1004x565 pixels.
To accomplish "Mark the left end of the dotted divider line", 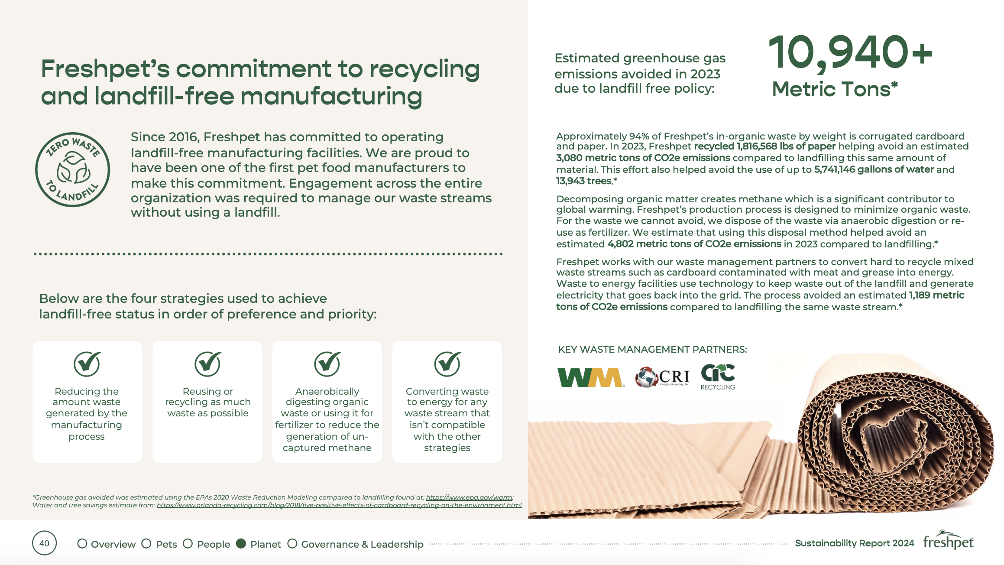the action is coord(35,254).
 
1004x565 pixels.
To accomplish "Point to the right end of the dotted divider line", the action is coord(501,254).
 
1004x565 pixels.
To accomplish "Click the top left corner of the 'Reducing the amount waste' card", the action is coord(33,342).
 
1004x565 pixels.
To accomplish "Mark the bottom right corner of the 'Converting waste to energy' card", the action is coord(502,462).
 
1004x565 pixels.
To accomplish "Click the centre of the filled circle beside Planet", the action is coord(241,543).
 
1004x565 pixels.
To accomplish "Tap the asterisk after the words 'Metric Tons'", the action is coord(894,85).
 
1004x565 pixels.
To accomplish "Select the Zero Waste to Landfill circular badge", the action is coord(72,169).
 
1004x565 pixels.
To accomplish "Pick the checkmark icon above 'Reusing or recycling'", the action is coord(207,364).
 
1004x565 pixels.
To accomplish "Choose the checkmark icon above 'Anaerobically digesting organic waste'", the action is coord(327,364).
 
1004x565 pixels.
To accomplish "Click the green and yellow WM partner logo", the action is coord(591,377).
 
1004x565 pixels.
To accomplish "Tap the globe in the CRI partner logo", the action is coord(646,377).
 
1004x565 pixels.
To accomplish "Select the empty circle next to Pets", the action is coord(146,543).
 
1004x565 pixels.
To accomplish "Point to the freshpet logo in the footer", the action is coord(948,540).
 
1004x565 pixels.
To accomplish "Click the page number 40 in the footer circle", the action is coord(44,543).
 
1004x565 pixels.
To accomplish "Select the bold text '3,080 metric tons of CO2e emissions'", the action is coord(643,158).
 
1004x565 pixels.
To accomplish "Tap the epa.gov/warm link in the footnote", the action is coord(469,497).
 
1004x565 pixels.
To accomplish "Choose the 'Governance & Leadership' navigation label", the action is coord(362,544).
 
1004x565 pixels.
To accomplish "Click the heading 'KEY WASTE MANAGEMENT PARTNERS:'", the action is coord(653,350).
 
